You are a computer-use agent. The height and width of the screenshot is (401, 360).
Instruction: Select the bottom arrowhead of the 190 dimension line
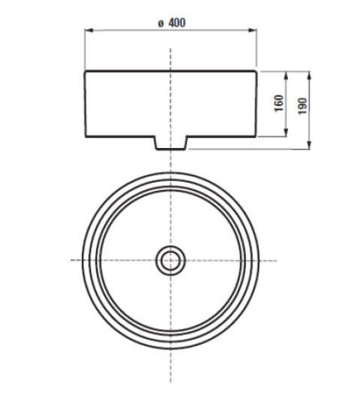pyautogui.click(x=310, y=147)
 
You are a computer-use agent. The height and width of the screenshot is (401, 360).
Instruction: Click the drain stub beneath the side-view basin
pyautogui.click(x=169, y=143)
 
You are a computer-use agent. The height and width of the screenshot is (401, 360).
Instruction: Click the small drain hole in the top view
pyautogui.click(x=169, y=259)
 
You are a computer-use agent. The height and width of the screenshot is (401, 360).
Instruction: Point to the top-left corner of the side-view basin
pyautogui.click(x=85, y=70)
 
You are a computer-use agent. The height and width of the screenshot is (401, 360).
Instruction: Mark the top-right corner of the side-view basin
pyautogui.click(x=255, y=70)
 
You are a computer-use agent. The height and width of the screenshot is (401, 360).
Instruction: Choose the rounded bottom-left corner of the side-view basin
pyautogui.click(x=86, y=135)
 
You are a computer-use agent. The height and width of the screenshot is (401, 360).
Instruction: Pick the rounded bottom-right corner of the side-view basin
pyautogui.click(x=253, y=135)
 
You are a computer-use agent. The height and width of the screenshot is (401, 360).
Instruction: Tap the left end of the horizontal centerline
pyautogui.click(x=70, y=259)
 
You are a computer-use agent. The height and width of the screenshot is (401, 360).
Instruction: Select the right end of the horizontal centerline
pyautogui.click(x=270, y=259)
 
